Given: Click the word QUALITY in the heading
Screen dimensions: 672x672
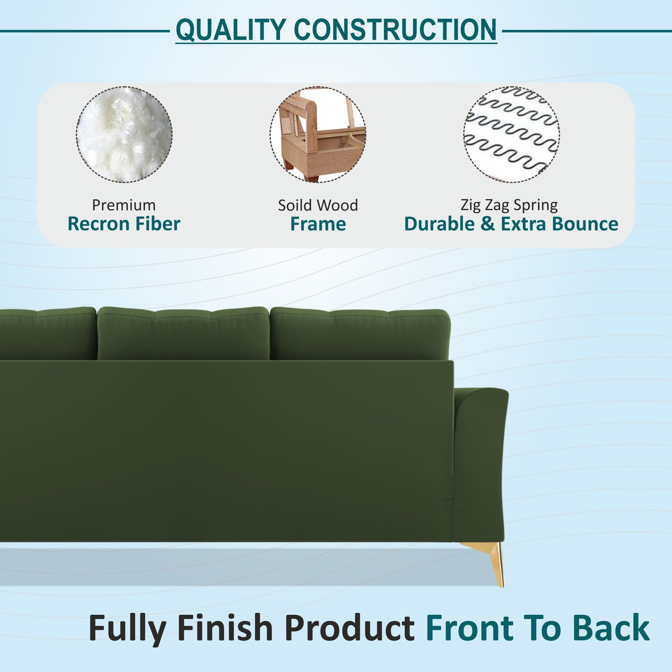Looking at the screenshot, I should pos(231,30).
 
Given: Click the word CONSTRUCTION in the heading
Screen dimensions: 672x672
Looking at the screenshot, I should pos(395,30).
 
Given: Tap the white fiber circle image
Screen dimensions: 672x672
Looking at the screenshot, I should pos(124,134).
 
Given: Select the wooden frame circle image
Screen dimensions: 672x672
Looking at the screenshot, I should pos(318,134).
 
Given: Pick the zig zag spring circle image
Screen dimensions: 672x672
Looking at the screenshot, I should pos(511,134).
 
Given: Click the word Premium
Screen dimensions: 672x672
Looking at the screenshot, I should pos(124,205).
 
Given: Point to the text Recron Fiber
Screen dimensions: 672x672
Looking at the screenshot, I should pos(124,224).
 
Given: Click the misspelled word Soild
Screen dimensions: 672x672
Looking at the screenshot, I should pos(294,205).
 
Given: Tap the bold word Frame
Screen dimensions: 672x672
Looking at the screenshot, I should pos(318,224).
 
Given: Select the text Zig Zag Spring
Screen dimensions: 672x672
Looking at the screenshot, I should pos(509,205).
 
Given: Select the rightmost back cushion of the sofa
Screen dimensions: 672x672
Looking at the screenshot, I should pos(360,333).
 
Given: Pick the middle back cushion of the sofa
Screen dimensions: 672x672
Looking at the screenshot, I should pos(183,333).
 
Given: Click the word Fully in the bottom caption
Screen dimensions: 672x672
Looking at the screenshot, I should pos(127,628).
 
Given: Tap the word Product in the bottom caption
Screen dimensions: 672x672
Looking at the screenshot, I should pos(349,628).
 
